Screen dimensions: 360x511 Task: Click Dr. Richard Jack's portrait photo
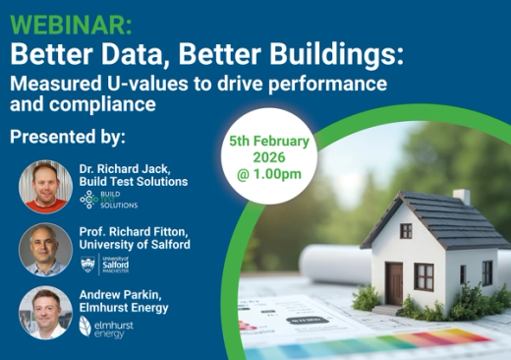[x=45, y=186]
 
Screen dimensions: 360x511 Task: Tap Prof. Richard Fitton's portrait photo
[x=45, y=250]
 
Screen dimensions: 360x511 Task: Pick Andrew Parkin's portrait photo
[x=45, y=313]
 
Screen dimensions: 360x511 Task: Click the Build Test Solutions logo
[x=108, y=200]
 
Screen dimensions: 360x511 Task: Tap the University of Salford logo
[x=104, y=263]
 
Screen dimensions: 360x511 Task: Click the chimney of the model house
[x=461, y=200]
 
